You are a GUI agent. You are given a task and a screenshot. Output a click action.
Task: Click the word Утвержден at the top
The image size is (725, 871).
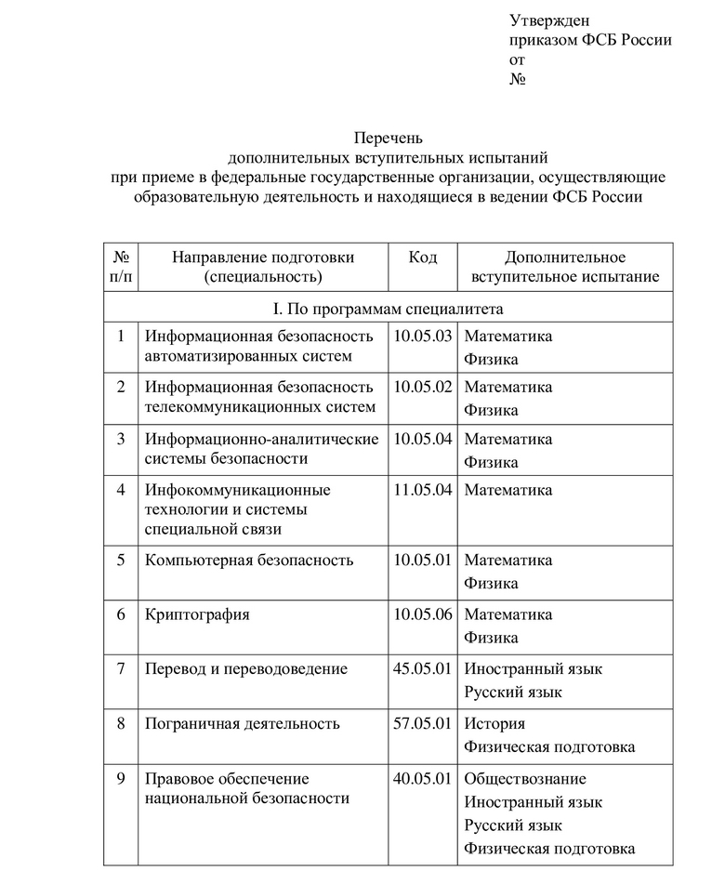549,20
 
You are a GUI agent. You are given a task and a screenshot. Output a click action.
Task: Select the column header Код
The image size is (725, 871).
422,257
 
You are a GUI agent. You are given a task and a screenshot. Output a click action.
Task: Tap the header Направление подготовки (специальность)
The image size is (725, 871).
263,267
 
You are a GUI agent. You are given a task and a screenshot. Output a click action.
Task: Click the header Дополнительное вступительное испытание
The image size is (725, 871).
564,267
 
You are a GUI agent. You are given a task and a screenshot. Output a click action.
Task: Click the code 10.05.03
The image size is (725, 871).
422,336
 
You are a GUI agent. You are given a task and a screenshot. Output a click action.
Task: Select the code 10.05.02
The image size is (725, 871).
422,387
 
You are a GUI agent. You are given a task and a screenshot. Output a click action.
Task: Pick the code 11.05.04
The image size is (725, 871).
422,489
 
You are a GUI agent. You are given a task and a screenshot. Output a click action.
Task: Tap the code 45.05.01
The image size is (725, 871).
422,668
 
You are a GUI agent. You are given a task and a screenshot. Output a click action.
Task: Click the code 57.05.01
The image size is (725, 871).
422,723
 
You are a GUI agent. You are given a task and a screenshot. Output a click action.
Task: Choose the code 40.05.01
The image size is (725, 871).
422,778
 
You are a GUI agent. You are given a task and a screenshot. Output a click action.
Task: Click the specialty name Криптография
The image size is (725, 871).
197,614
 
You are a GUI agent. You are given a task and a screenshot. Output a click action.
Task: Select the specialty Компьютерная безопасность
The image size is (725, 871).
249,560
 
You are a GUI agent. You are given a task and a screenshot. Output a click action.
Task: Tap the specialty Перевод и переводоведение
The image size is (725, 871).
246,668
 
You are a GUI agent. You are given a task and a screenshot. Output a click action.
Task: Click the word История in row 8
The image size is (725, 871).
494,723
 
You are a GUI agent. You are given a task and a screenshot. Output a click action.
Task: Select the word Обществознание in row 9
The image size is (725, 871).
525,778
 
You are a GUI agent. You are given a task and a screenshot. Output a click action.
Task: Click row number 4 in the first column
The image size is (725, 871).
121,489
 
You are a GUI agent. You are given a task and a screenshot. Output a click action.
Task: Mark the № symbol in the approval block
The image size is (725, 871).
519,79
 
